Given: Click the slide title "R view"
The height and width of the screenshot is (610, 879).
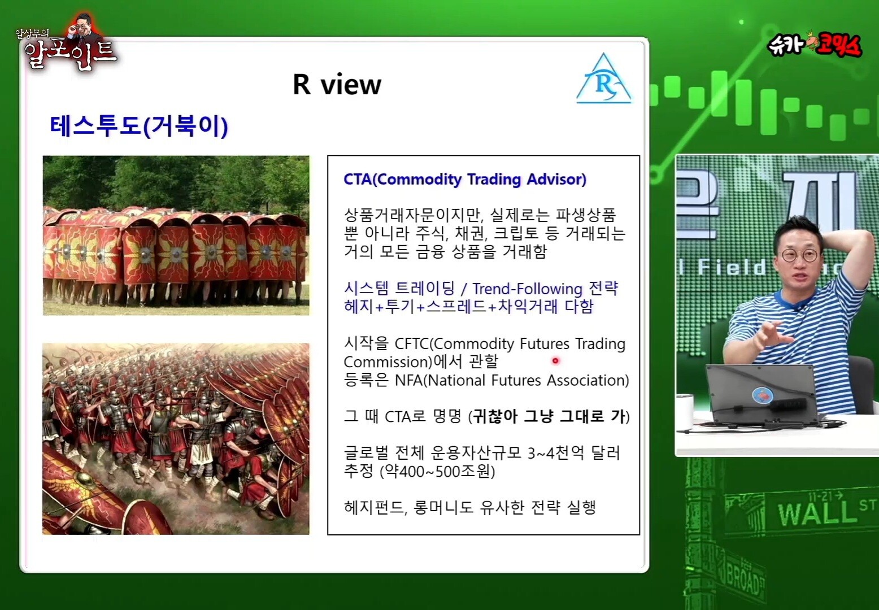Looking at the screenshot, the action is pos(337,84).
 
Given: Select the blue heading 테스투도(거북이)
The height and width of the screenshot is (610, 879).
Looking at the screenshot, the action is pos(139,127).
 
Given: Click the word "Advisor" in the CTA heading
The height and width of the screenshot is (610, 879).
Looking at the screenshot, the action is pos(556,179).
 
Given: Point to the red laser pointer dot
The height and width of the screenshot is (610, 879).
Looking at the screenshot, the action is pos(555,360).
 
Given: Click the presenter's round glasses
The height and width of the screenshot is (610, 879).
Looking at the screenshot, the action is pos(799,255).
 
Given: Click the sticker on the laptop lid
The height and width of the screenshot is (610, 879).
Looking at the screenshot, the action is pos(763,395).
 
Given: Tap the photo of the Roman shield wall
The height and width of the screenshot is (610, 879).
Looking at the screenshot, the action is pos(176,236).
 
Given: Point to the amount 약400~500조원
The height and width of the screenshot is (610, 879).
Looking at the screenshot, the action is pos(438,472).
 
